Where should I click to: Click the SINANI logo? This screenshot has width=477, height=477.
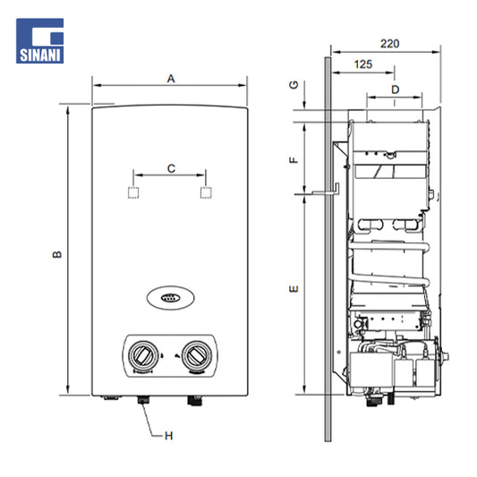click(x=40, y=41)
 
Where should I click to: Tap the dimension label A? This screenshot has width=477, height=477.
click(x=171, y=79)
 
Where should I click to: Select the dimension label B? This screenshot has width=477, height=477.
click(x=57, y=254)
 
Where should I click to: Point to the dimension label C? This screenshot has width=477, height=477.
click(x=171, y=168)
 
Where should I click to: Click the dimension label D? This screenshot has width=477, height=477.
click(x=395, y=89)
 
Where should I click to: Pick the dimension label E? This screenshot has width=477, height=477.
click(x=294, y=288)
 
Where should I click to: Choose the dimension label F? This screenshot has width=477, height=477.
click(x=294, y=159)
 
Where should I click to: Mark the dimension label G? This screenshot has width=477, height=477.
click(x=294, y=85)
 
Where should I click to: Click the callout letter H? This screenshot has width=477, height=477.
click(x=168, y=436)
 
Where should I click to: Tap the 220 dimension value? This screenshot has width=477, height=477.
click(x=389, y=44)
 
